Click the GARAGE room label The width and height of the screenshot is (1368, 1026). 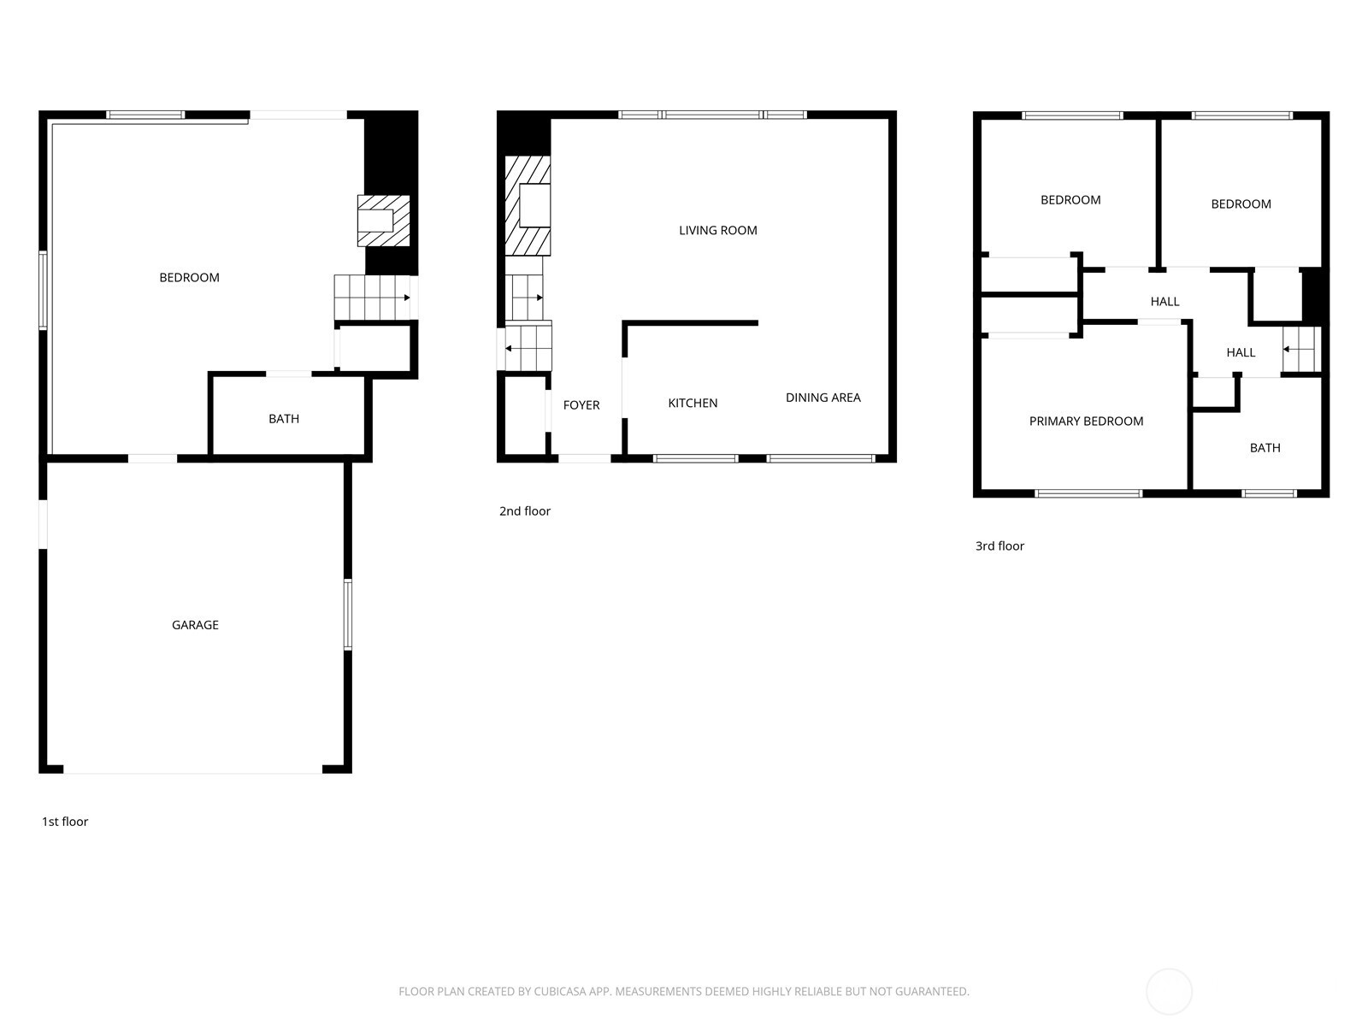(195, 625)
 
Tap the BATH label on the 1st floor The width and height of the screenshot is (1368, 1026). (284, 419)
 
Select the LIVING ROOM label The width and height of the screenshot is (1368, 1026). (718, 230)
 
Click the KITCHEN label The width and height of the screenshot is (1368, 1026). (693, 404)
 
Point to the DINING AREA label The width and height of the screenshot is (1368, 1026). (823, 398)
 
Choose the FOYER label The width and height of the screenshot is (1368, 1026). (581, 405)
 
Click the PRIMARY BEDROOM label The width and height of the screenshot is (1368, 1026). (1086, 422)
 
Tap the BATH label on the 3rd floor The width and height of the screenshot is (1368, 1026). (1265, 448)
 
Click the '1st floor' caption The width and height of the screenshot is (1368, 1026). (65, 822)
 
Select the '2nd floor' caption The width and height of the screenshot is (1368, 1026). (525, 511)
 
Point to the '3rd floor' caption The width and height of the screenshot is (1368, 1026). (999, 546)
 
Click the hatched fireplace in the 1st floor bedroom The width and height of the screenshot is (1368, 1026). (383, 221)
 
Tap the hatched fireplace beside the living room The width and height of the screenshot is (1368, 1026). (528, 206)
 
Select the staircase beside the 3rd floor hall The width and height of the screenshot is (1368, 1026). (1301, 349)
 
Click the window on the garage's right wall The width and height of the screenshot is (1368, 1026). (348, 614)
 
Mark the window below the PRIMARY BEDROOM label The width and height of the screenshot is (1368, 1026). (1088, 493)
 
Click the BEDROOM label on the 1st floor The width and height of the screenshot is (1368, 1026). (189, 278)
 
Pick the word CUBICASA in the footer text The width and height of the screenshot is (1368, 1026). (559, 992)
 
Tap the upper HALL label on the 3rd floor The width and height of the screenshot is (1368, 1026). (1165, 302)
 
